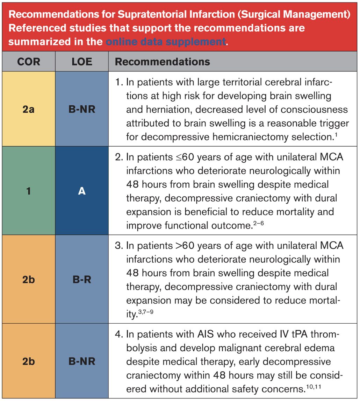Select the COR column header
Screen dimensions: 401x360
(28, 62)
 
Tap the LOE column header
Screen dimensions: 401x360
(82, 62)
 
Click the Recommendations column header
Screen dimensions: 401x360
(162, 62)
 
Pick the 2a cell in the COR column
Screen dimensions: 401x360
(28, 109)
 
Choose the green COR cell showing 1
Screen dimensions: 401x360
(28, 191)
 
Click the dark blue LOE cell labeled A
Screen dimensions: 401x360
(82, 191)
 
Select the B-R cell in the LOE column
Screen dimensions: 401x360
(82, 279)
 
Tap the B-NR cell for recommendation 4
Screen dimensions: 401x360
(82, 361)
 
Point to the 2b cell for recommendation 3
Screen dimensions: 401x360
(28, 279)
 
